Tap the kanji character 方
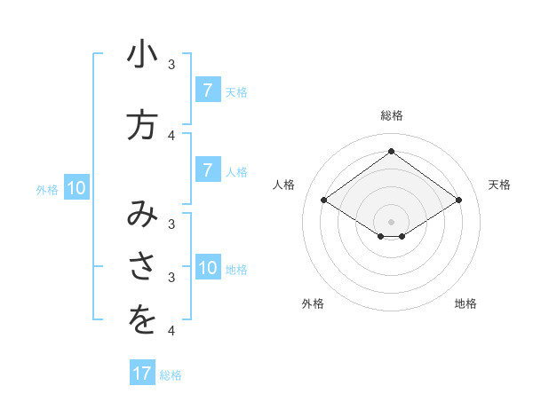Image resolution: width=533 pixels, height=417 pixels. pos(142,125)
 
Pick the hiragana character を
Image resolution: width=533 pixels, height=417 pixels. pos(142,319)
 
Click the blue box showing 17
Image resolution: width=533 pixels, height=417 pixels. pos(142,374)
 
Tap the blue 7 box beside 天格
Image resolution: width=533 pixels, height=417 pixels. pos(207,90)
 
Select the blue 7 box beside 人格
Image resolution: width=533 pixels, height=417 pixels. pos(207,170)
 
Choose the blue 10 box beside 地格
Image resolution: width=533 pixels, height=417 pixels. pos(207,269)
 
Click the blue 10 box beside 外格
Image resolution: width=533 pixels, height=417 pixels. pos(76,188)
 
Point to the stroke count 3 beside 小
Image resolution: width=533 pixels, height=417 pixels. pos(171,65)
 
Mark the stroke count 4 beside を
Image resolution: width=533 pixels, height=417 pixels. pos(171,331)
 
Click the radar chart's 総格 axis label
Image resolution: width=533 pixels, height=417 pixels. pos(391,115)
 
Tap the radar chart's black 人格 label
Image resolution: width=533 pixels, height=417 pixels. pos(283,185)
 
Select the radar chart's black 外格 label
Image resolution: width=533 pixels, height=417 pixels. pos(313,303)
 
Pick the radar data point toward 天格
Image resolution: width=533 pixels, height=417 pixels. pos(458,201)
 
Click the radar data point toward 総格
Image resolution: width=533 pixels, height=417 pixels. pos(391,151)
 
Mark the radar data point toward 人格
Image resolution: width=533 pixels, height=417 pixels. pos(324,201)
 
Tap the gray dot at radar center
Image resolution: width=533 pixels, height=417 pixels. pos(391,221)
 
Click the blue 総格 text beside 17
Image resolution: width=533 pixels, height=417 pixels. pos(171,374)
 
